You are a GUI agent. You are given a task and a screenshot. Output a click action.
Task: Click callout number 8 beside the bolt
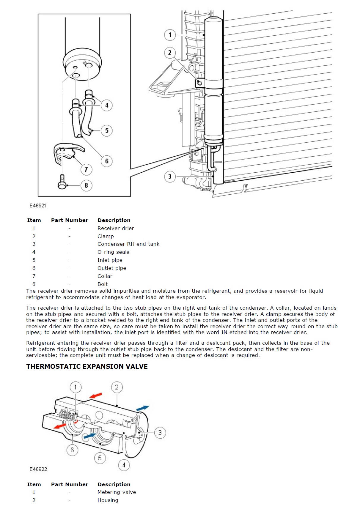point(86,185)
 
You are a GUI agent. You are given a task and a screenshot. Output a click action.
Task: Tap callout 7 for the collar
point(86,169)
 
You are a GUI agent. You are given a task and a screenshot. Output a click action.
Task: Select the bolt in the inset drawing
point(62,182)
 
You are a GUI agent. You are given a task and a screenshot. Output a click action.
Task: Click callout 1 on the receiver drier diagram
point(170,35)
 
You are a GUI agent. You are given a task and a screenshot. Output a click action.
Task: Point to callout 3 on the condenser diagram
point(170,177)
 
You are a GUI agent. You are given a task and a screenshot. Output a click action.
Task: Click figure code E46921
point(38,206)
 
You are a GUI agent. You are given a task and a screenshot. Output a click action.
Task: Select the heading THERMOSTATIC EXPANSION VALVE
point(87,366)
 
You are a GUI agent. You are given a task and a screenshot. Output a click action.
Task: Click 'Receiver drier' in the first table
point(116,228)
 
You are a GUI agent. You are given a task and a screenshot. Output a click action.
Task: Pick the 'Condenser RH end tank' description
point(128,244)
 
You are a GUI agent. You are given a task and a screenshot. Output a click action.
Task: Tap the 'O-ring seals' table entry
point(113,252)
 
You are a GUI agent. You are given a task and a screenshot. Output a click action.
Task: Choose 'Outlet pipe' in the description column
point(112,268)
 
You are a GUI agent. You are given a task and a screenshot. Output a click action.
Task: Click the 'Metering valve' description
point(117,492)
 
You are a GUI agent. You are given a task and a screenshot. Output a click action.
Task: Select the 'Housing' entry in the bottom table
point(108,500)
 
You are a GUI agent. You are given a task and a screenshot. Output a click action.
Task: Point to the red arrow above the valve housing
point(96,396)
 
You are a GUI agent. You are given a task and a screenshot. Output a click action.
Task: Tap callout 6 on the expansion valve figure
point(72,450)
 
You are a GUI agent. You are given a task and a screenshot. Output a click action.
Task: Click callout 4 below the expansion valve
point(124,465)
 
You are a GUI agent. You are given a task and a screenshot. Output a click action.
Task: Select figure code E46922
point(38,469)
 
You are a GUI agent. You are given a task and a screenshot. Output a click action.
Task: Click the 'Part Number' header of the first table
point(70,220)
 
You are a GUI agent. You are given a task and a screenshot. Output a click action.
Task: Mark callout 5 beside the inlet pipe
point(107,130)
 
